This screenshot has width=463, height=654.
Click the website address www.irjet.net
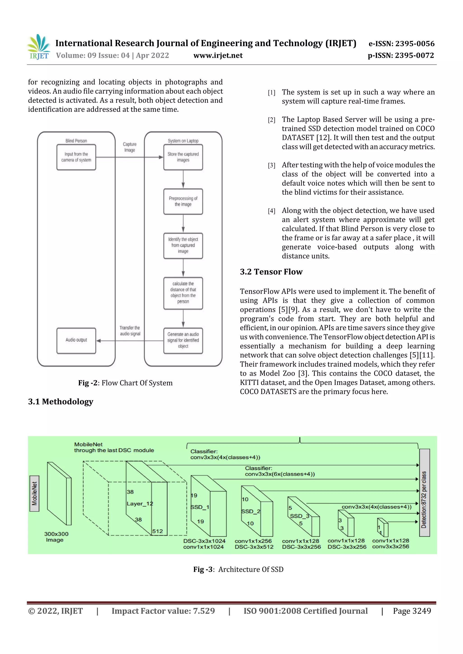coord(218,55)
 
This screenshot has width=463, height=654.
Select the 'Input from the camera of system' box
coord(76,157)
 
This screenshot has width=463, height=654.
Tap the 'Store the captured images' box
coord(183,157)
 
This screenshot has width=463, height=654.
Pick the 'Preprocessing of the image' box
coord(183,201)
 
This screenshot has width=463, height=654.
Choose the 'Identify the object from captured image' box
coord(183,246)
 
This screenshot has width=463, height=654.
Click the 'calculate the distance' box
coord(183,293)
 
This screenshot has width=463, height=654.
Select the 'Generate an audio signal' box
coord(183,340)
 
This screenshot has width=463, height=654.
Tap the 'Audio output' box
coord(76,340)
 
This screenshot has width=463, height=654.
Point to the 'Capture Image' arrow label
coord(130,147)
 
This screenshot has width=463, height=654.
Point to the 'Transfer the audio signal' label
coord(130,331)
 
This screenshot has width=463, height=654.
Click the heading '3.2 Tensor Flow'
coord(271,272)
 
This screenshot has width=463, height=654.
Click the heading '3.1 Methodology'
coord(61,402)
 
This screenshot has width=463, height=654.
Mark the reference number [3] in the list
coord(271,165)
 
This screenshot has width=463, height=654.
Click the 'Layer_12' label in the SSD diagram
coord(140,504)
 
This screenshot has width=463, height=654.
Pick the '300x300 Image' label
coord(56,537)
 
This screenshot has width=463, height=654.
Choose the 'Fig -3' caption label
coord(203,569)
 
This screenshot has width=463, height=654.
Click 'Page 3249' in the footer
coord(412,611)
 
